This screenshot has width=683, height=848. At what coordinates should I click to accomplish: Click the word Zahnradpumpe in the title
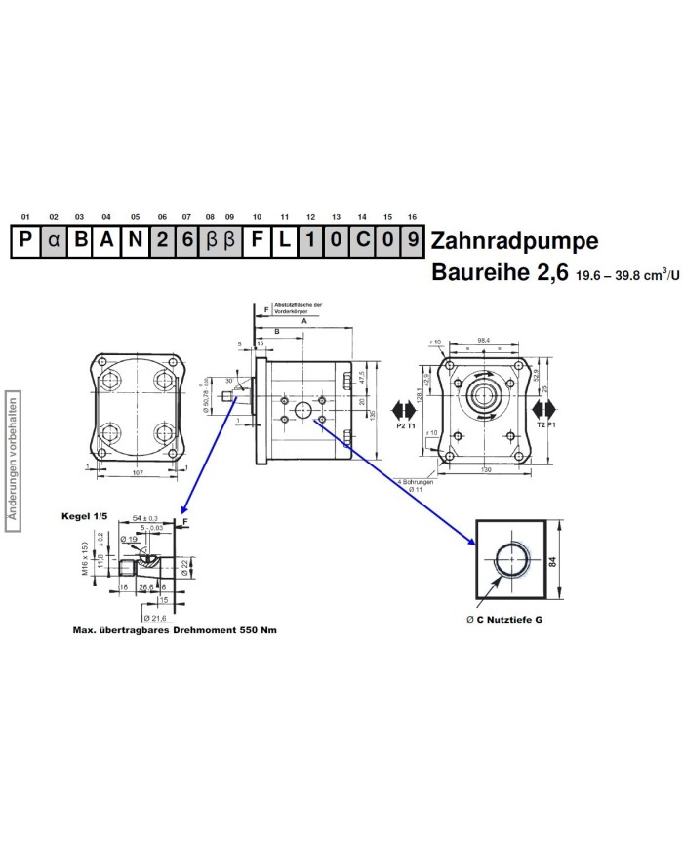(514, 240)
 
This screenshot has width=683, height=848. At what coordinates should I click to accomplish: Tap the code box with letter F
(257, 241)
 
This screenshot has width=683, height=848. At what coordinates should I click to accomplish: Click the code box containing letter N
(135, 241)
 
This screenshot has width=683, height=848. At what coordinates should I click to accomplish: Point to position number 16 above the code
(412, 216)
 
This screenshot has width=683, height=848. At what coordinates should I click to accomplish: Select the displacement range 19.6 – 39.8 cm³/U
(626, 276)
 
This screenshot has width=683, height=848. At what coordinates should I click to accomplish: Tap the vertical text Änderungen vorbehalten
(14, 463)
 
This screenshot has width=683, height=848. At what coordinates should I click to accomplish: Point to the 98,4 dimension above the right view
(483, 342)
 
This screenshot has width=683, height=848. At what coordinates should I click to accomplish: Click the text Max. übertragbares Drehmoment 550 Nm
(175, 630)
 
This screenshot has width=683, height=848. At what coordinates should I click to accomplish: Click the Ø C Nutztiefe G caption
(503, 620)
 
